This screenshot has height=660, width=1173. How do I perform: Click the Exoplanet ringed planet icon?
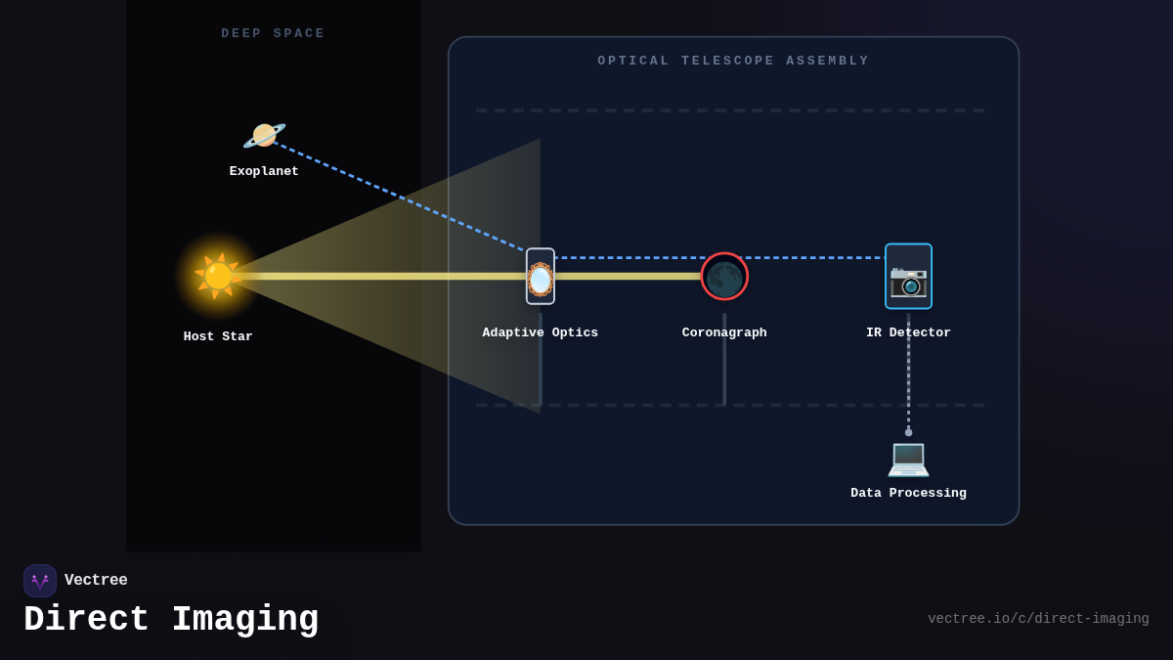coord(264,135)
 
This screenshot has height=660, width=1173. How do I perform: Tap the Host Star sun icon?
coord(218,276)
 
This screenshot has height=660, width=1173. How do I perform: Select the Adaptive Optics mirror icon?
coord(541,277)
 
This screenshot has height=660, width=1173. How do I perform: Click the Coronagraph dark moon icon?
coord(724,277)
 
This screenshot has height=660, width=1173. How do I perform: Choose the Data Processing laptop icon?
coord(908,458)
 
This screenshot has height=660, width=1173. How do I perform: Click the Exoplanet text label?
coord(264,172)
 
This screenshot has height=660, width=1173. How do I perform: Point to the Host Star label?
coord(218,337)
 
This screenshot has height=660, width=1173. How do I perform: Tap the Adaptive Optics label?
coord(541,333)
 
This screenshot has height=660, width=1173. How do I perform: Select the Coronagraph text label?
coord(724,333)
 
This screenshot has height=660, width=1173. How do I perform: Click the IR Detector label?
coord(908,333)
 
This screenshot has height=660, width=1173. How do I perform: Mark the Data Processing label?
coord(908,494)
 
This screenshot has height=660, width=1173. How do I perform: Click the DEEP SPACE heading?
coord(273,34)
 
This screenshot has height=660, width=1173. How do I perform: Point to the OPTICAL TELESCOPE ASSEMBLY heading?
coord(733,62)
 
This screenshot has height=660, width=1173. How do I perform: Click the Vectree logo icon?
coord(40,581)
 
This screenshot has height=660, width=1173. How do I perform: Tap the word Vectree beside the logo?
coord(96,581)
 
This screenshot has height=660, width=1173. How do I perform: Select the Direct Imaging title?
coord(171,620)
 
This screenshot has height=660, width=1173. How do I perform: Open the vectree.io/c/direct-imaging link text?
coord(1038,619)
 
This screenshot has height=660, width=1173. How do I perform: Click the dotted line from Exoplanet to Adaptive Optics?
coord(401,198)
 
